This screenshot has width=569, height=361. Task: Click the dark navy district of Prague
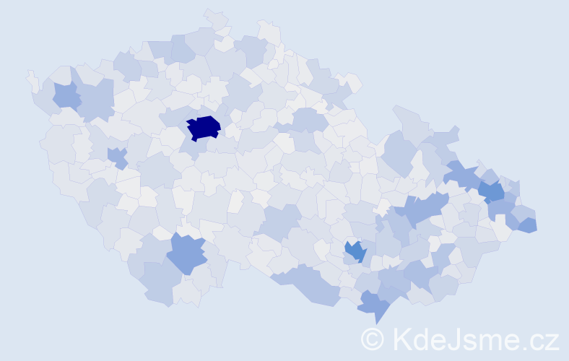[x=204, y=127]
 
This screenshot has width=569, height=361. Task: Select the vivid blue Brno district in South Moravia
[x=355, y=251]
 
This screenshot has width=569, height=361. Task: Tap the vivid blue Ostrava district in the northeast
[x=492, y=191]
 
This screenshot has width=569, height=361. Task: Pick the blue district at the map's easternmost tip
[x=529, y=225]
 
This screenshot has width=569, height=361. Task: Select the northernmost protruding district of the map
[x=216, y=19]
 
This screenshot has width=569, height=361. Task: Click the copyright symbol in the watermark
[x=373, y=339]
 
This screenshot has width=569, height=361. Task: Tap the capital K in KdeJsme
[x=400, y=339]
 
